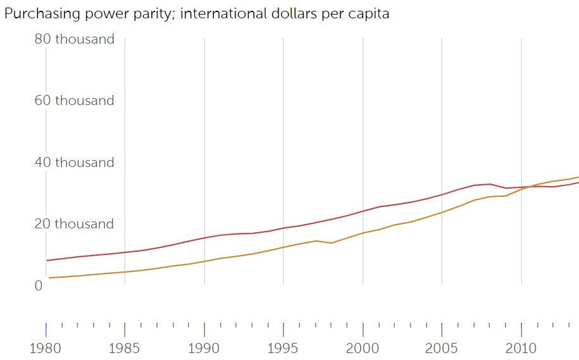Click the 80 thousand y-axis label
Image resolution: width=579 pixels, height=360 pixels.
[74, 39]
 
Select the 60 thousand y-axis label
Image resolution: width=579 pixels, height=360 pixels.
[74, 101]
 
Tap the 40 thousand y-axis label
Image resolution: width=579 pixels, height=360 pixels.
[74, 163]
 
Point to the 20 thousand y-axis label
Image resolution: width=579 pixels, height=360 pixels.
[74, 224]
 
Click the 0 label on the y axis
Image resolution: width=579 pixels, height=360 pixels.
[39, 286]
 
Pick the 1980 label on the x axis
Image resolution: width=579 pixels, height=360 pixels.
[46, 348]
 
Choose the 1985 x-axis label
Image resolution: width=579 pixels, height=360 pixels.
[125, 348]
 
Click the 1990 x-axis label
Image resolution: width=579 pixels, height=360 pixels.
[204, 348]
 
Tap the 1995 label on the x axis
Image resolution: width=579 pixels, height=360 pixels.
[283, 348]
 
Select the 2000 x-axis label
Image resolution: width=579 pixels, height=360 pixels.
[363, 348]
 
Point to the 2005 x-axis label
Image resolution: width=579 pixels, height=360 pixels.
[442, 348]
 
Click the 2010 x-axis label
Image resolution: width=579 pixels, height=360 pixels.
[521, 348]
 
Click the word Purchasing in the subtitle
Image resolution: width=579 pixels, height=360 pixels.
[35, 14]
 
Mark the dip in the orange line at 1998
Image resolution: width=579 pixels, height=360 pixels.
[332, 243]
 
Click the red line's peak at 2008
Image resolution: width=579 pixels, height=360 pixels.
[490, 184]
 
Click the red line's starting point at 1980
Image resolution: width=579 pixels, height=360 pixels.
[47, 261]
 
